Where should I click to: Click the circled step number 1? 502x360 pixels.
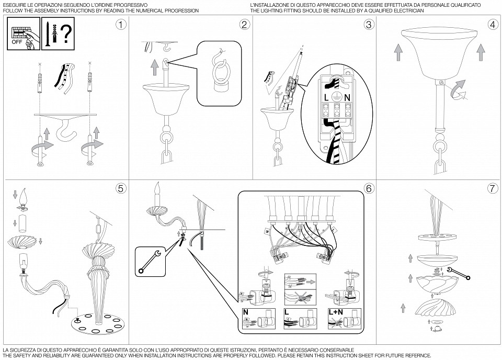[x=121, y=25]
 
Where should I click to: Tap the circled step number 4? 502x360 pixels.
[x=492, y=25]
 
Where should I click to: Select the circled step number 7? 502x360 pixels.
[x=492, y=188]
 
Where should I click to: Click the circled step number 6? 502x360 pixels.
[x=368, y=188]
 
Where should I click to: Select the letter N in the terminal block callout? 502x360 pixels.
[x=347, y=97]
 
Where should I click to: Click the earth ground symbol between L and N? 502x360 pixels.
[x=337, y=97]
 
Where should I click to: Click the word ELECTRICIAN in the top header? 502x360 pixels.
[x=407, y=10]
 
